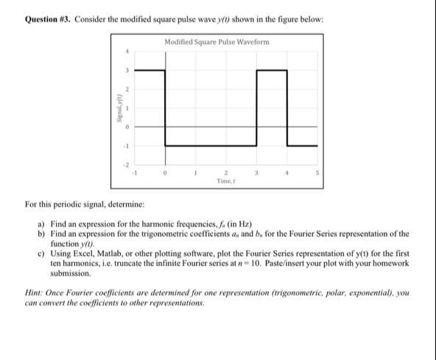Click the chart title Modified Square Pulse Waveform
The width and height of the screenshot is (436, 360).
click(x=217, y=41)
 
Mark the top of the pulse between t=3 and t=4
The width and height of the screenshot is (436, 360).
click(x=272, y=71)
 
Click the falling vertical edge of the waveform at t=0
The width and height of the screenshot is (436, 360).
click(x=165, y=108)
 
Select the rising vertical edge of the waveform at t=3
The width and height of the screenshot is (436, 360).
click(x=257, y=108)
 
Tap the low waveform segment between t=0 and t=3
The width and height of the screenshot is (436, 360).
click(x=211, y=146)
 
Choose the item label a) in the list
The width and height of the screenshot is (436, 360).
click(x=41, y=222)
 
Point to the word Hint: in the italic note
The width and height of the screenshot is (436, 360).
click(x=37, y=293)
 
